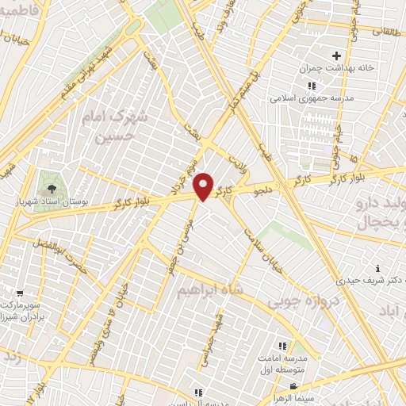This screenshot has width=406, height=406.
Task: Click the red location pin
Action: [204, 186]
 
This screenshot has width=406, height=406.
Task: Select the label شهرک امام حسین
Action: [115, 126]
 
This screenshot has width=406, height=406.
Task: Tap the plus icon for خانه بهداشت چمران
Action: [337, 56]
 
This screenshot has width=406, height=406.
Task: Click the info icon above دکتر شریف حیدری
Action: [377, 268]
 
